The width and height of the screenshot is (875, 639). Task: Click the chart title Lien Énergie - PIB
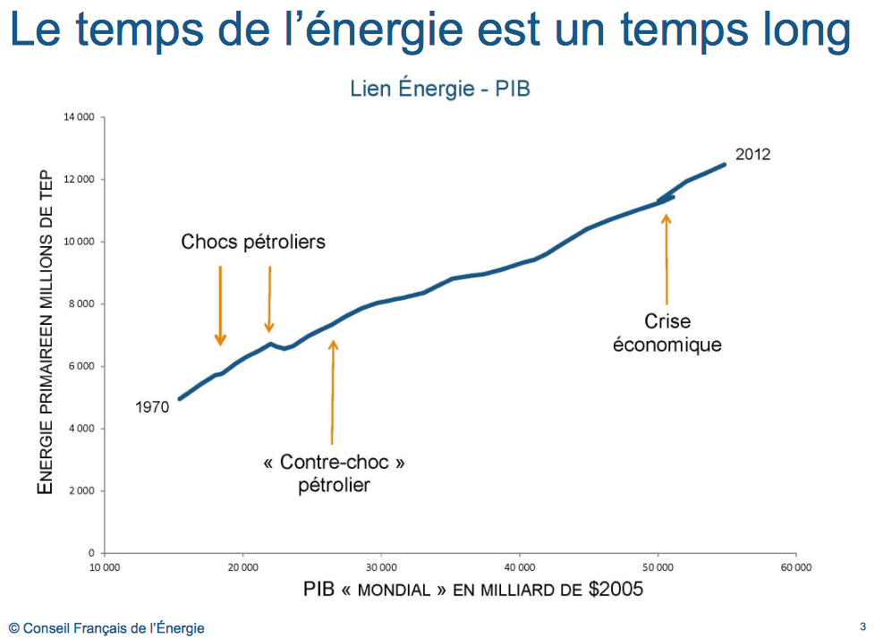pyautogui.click(x=439, y=89)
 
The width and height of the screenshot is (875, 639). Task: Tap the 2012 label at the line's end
pyautogui.click(x=752, y=154)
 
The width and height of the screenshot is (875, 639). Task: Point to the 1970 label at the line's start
pyautogui.click(x=152, y=407)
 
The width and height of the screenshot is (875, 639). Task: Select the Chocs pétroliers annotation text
pyautogui.click(x=253, y=242)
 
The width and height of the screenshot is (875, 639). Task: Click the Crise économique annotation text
pyautogui.click(x=667, y=332)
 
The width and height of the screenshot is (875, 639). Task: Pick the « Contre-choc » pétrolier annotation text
pyautogui.click(x=334, y=473)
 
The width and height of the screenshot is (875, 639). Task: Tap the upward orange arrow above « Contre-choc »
pyautogui.click(x=333, y=390)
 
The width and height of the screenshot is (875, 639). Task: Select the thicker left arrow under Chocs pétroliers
pyautogui.click(x=220, y=305)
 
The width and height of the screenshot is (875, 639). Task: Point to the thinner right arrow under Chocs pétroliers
pyautogui.click(x=269, y=299)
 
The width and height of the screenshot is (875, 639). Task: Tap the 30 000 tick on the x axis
pyautogui.click(x=381, y=567)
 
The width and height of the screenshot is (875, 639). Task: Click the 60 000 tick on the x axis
pyautogui.click(x=795, y=567)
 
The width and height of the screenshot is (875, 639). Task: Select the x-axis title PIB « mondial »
pyautogui.click(x=473, y=590)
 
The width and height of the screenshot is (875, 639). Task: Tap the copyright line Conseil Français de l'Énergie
pyautogui.click(x=106, y=628)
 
